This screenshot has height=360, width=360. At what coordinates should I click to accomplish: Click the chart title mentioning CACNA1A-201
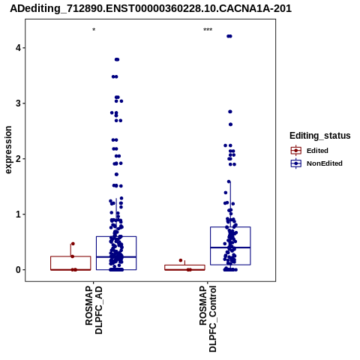151,8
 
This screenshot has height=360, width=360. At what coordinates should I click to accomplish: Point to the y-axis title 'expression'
8,150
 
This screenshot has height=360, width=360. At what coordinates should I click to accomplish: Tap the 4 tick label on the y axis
18,48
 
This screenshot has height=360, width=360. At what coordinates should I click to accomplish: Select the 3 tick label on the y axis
18,103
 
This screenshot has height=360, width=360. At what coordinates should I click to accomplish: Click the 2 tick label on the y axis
18,159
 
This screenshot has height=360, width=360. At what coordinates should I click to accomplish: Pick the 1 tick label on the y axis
18,214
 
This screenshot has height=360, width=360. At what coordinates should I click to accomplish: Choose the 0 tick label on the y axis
18,270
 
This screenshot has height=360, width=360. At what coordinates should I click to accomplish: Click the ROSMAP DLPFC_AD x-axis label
94,310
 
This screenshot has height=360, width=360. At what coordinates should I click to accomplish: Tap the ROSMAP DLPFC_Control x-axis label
208,319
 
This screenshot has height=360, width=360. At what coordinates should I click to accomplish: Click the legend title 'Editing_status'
320,136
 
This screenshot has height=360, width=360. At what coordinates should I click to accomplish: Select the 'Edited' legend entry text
317,151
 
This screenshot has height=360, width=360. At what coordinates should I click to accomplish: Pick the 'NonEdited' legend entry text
325,163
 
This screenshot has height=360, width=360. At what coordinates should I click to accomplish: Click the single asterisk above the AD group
94,30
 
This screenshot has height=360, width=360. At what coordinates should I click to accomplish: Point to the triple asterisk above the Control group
208,30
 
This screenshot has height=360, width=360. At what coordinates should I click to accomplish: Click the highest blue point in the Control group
229,36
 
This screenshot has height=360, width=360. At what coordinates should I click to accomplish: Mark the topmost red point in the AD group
73,244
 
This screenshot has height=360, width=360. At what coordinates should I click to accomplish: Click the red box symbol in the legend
296,151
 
